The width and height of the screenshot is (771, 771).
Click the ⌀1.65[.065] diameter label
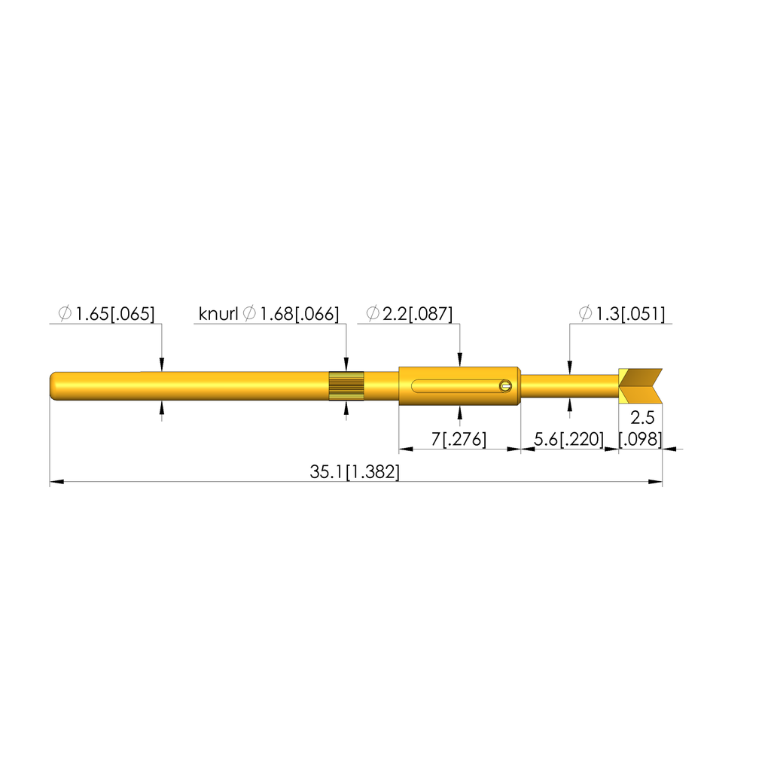point(106,314)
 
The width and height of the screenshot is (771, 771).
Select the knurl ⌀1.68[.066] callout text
point(269,314)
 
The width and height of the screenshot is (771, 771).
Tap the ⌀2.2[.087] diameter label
point(409,314)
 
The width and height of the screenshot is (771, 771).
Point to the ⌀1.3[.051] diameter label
point(621,314)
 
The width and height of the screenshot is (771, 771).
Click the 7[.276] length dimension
point(459,439)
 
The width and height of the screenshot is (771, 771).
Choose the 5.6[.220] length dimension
point(568,439)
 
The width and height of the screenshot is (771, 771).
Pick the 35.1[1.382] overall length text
point(355,472)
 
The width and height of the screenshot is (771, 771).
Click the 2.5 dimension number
point(642,418)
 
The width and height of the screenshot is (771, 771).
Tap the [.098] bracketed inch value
point(640,439)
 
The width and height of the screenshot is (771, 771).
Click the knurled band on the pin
point(346,386)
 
